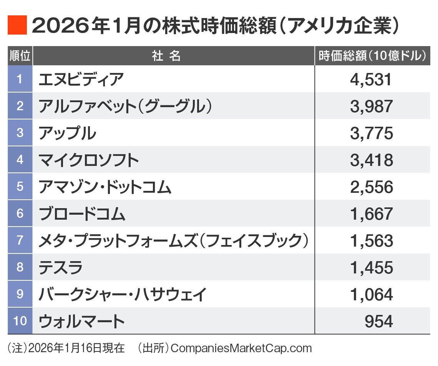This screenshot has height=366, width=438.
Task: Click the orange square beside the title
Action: pos(17,25)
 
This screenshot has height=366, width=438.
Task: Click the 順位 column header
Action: pos(20,56)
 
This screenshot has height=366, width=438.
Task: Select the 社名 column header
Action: pos(166,56)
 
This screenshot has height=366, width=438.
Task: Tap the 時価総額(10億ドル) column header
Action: pos(372,56)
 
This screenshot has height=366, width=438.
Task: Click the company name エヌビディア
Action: pos(81,79)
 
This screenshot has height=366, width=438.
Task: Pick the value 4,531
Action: pos(371,79)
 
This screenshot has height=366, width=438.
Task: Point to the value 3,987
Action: pos(371,106)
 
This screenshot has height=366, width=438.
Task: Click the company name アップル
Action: pos(67,133)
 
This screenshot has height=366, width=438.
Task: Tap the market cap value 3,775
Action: pos(371,133)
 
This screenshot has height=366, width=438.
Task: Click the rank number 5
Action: pos(20,186)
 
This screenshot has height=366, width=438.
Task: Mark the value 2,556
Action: pos(371,187)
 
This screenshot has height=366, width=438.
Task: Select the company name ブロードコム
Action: pos(82,214)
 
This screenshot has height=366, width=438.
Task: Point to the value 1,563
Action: pos(371,241)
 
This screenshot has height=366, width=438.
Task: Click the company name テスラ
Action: pos(61,268)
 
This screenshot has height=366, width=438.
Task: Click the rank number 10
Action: pos(20,321)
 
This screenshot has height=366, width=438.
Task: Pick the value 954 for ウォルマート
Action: pos(378,321)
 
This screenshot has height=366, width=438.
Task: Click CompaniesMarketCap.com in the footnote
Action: pos(241,348)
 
